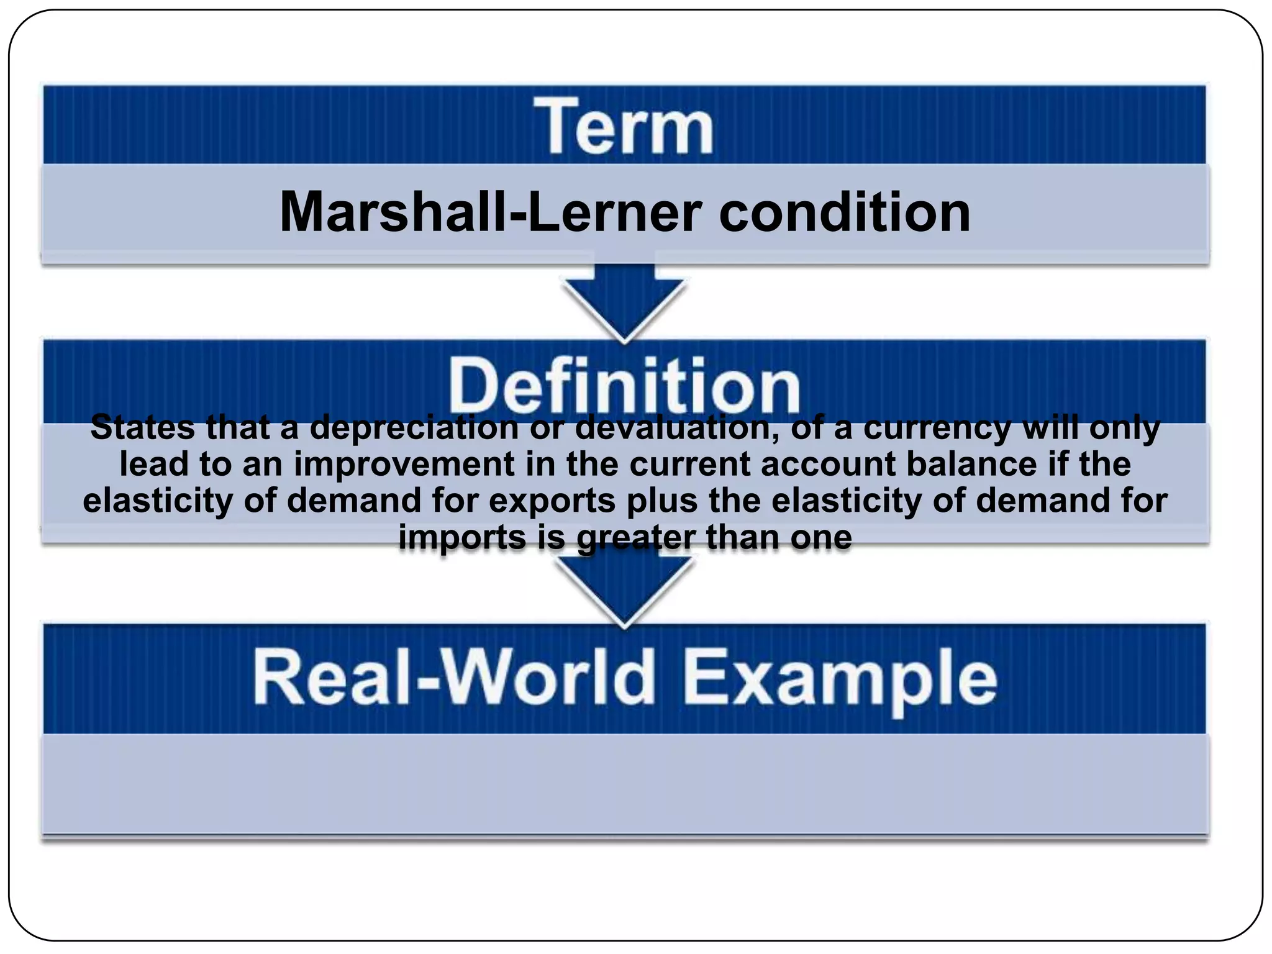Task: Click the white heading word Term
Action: tap(624, 127)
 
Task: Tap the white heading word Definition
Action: tap(624, 386)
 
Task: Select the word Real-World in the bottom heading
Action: tap(454, 678)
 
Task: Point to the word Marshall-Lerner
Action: tap(491, 212)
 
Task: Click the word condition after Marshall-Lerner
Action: tap(844, 212)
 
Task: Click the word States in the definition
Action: tap(142, 428)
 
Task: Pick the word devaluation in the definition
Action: tap(677, 428)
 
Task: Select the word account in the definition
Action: tap(829, 465)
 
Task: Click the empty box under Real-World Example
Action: tap(624, 784)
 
